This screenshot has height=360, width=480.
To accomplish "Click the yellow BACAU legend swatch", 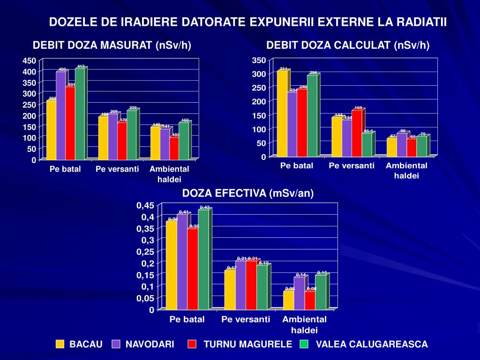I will pos(60,345).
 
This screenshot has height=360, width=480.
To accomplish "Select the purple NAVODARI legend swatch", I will pos(116,345).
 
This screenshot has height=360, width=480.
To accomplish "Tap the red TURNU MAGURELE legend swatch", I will pos(192,345).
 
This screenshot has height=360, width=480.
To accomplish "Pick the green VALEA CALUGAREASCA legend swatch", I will pos(305,345).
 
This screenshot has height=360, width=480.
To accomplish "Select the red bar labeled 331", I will pos(70,123).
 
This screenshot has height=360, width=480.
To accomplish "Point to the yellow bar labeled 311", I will pos(282,113).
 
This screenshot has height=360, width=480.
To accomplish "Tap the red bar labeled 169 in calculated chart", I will pos(357,133).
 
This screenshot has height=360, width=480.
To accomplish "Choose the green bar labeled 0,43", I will pos(203,260).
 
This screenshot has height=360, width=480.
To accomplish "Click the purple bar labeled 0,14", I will pos(299,293).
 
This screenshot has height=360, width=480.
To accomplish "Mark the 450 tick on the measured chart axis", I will pos(29,61).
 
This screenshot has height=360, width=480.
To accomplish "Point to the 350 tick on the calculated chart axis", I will pos(259,60).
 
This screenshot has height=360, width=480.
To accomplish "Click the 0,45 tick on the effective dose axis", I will pos(145,206).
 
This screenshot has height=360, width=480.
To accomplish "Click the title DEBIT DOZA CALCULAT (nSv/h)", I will pos(348,45).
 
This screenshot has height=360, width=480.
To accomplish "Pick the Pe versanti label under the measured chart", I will pos(117,169).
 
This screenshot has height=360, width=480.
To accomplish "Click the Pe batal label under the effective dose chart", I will pos(187,320).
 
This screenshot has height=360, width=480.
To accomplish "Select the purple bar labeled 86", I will pos(401,145).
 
